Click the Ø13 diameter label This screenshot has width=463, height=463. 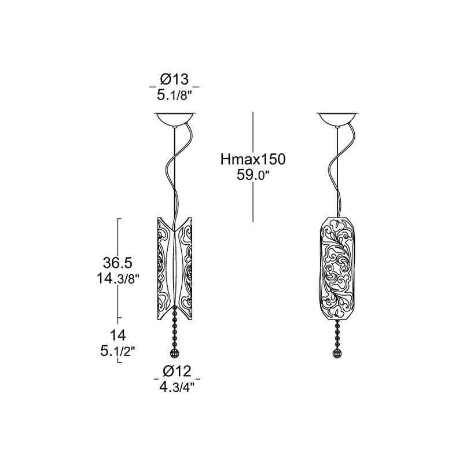point(174,79)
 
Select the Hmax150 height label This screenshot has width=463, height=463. point(253,160)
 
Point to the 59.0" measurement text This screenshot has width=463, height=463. point(253,176)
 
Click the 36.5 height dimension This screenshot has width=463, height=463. point(117,262)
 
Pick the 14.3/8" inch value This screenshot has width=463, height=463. point(118,278)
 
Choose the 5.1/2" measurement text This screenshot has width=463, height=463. point(118,351)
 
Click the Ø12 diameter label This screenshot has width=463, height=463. point(177,371)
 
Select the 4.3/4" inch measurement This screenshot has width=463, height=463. point(178,387)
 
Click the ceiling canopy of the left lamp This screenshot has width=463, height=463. point(175,119)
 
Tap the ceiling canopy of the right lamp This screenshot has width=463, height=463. point(337,119)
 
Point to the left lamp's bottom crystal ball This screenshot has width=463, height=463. point(175,354)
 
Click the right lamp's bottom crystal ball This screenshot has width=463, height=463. point(337,354)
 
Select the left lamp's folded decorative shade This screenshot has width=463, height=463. point(175,269)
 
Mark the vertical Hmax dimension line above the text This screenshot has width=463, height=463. point(253,132)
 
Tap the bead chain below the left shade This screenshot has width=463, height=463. point(175,328)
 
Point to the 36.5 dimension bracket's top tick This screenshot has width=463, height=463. point(120,219)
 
